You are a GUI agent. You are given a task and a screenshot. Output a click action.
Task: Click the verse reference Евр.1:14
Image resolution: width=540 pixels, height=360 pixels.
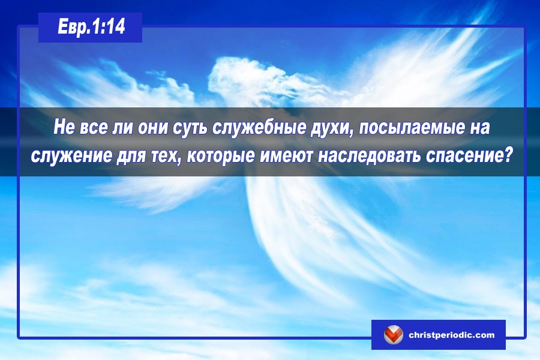point(91,27)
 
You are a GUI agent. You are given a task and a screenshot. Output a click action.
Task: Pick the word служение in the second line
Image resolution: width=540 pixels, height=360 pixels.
point(71,156)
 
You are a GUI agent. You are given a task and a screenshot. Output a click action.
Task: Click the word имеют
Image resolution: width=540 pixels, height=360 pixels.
point(286,156)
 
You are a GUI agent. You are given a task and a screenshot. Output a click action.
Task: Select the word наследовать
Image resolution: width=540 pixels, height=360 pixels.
point(369,156)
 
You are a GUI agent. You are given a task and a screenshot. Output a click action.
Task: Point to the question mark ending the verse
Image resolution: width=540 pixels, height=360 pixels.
point(506,155)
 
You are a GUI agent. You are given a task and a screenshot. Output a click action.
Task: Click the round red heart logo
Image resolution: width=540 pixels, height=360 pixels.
point(393,335)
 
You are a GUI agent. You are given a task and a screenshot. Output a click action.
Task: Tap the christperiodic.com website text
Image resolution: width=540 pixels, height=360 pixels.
point(451,335)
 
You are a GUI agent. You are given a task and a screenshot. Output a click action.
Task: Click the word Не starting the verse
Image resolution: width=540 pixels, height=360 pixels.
point(64,127)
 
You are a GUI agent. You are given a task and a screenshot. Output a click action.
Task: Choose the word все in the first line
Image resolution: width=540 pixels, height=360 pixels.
point(94,127)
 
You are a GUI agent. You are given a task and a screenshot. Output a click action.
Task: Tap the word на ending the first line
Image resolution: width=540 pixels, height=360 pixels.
point(478,128)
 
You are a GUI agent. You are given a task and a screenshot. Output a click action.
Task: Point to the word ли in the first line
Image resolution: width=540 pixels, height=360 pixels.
point(122,127)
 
